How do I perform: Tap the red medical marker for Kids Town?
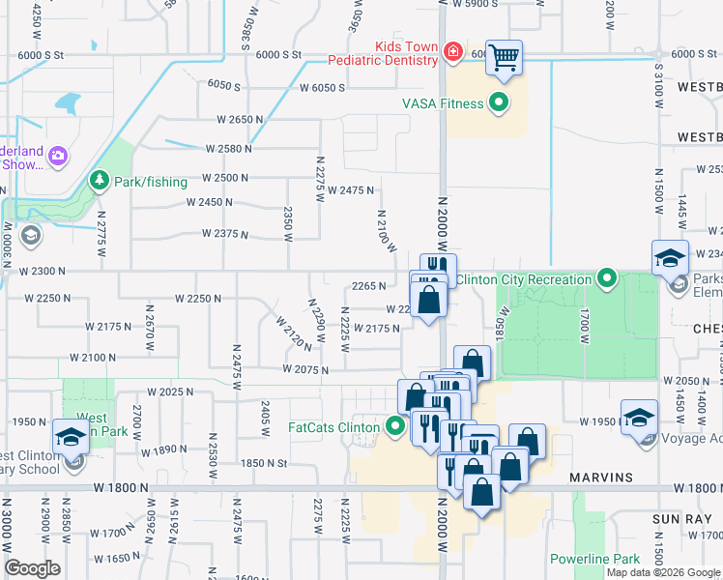click(452, 51)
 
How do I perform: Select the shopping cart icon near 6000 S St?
click(504, 58)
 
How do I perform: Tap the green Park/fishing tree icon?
click(98, 180)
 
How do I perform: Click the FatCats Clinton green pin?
click(394, 425)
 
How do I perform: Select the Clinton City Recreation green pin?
click(607, 279)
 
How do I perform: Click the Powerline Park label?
click(594, 559)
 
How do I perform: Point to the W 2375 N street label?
click(225, 234)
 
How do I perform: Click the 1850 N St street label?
click(264, 463)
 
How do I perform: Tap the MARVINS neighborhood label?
click(599, 478)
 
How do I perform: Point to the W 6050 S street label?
click(322, 88)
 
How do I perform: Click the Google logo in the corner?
click(32, 568)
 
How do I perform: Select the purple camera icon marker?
click(58, 155)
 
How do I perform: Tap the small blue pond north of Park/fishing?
click(68, 102)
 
